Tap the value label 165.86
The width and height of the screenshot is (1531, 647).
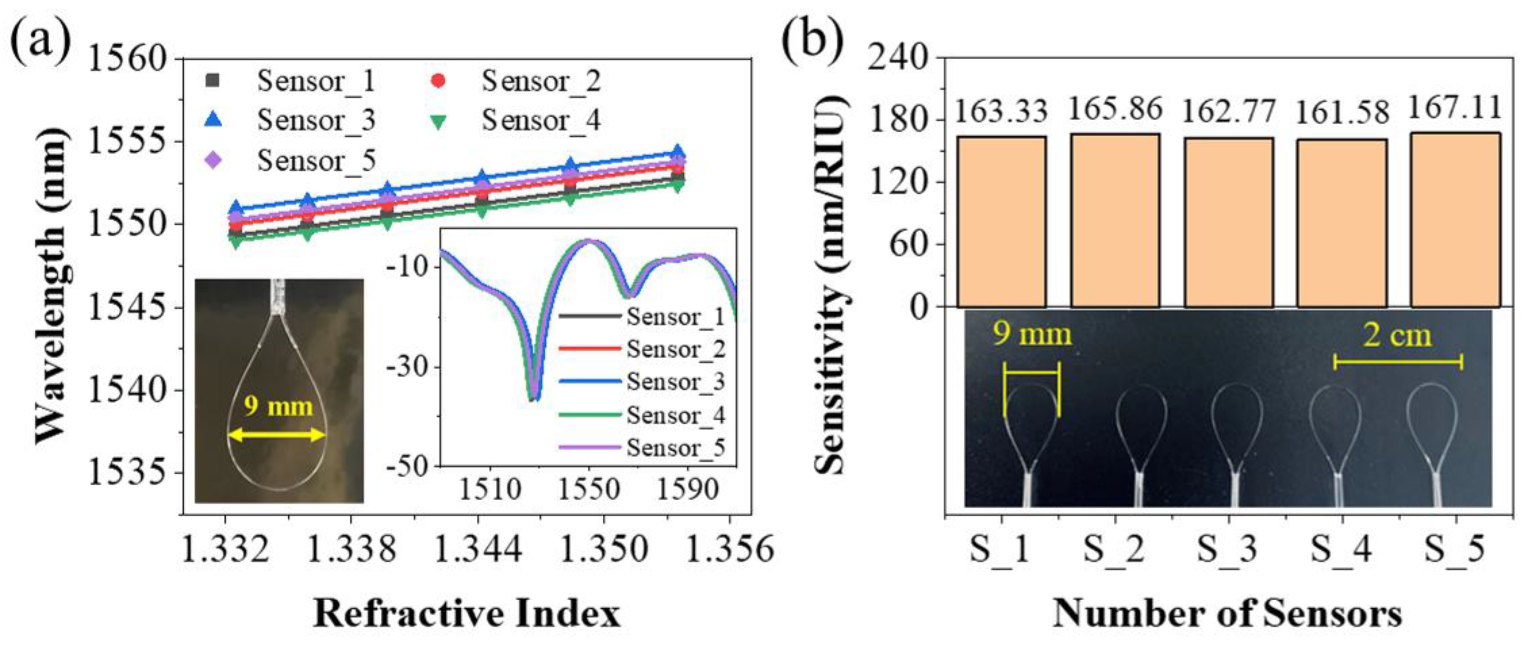point(1115,109)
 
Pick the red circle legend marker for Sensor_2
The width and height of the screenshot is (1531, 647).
point(438,81)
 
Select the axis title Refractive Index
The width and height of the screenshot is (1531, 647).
point(467,613)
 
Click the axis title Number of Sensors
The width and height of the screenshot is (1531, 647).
point(1228,613)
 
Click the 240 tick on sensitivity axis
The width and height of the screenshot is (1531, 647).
point(898,58)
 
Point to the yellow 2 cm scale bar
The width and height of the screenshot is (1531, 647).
point(1398,362)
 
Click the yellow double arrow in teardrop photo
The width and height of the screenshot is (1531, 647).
point(277,435)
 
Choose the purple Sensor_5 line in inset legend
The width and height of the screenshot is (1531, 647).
point(590,446)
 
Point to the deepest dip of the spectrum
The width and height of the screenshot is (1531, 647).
point(534,399)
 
